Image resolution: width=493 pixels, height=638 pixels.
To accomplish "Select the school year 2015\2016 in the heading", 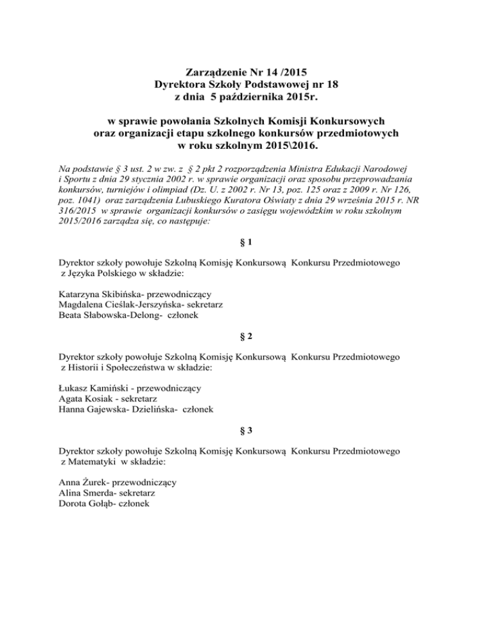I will coord(290,146).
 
